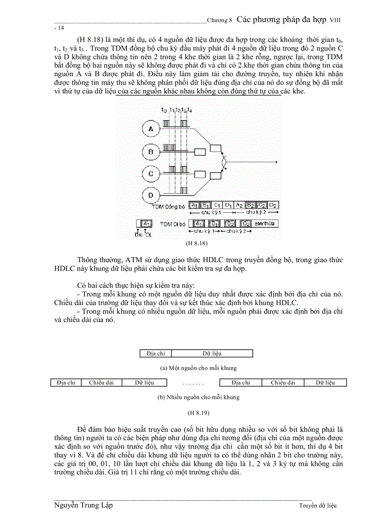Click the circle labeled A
[150, 129]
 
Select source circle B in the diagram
[150, 151]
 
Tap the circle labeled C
[150, 173]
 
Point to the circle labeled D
[150, 195]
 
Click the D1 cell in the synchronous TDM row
[228, 205]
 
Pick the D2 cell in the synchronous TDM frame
[273, 205]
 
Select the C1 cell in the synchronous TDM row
[217, 205]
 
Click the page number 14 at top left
[59, 28]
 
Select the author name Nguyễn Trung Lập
[83, 506]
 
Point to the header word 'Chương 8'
[219, 20]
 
